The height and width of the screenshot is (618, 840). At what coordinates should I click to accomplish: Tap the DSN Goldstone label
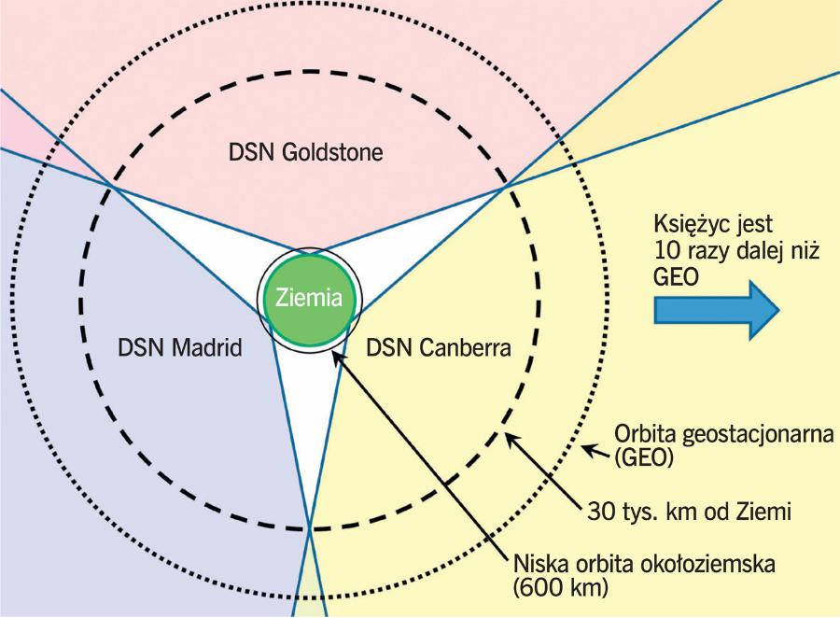point(307,151)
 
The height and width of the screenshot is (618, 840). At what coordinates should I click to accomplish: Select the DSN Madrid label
point(180,349)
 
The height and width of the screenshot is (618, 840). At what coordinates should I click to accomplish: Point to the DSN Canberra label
point(438,349)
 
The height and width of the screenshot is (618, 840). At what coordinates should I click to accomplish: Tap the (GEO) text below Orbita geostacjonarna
point(644,459)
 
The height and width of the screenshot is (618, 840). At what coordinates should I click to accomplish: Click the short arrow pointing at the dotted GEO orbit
point(595,452)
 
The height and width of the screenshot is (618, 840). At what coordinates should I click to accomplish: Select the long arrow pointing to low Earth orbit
point(425,457)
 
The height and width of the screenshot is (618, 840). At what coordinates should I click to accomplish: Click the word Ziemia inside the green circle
point(308,299)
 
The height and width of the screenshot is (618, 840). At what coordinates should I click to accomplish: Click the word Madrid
point(210,349)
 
